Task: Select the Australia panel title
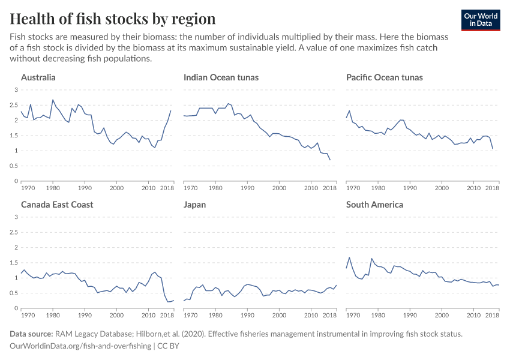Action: [38, 77]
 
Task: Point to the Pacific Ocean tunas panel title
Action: [385, 77]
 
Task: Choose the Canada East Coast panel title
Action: [57, 205]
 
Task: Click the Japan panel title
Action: [194, 205]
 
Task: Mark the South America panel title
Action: [375, 205]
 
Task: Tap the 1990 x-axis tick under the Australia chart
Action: [85, 188]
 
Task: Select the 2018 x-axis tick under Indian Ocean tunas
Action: [329, 188]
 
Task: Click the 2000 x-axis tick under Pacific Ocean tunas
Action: [442, 188]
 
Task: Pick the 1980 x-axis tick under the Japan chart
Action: [215, 316]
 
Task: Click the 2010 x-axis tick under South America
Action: [473, 316]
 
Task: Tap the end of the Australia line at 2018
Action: [171, 110]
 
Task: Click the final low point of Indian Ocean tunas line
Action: [330, 160]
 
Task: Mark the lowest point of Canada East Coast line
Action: [168, 301]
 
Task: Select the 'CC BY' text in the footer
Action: [170, 346]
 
